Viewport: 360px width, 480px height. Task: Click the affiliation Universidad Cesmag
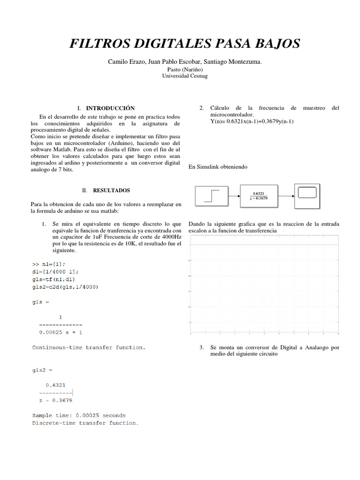click(x=180, y=75)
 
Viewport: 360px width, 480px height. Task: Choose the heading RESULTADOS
click(x=111, y=191)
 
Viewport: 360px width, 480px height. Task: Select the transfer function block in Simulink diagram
click(x=258, y=195)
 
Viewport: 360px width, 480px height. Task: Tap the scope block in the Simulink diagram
click(x=307, y=195)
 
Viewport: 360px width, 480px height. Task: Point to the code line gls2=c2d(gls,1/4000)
click(x=65, y=287)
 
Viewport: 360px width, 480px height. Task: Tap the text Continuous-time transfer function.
click(x=89, y=347)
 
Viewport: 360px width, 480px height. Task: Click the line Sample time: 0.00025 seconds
click(x=79, y=415)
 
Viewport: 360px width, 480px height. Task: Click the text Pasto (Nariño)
click(x=180, y=69)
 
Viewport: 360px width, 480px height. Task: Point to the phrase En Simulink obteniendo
click(x=217, y=166)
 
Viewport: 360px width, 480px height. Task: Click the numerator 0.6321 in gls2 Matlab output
click(x=55, y=384)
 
